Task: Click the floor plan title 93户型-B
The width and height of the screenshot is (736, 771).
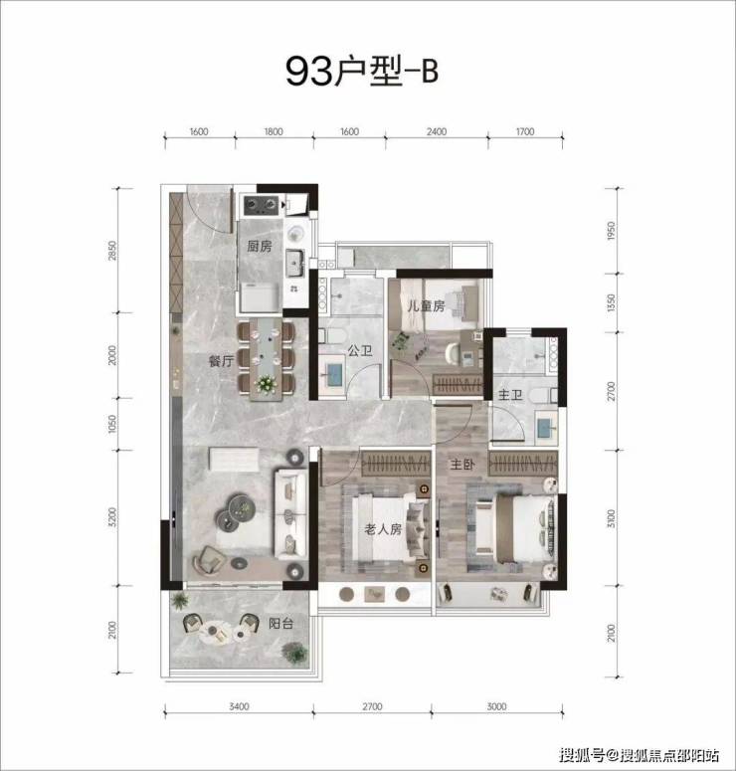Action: pos(361,72)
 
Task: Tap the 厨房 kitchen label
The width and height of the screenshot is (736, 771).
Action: pos(260,246)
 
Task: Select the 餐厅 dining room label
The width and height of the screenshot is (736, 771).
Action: pos(221,361)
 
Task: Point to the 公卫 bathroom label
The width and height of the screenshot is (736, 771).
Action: pos(360,350)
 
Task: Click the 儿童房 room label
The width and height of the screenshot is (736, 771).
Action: pos(426,305)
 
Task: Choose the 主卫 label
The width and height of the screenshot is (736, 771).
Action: pos(510,395)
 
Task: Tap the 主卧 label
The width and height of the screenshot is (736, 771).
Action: pos(462,464)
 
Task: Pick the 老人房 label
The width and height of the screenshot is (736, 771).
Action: pos(383,529)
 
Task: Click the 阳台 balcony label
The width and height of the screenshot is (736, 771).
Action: pos(280,624)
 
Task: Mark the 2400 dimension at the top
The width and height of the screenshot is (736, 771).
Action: pos(437,131)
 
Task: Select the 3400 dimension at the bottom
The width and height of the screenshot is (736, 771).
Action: pos(239,706)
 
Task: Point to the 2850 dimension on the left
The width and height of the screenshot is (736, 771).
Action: pos(112,251)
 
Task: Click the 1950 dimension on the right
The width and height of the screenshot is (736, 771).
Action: pos(611,231)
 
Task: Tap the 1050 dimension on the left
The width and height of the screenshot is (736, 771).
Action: pos(112,424)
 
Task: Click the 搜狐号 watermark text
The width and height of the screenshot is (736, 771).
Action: pos(581,754)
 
